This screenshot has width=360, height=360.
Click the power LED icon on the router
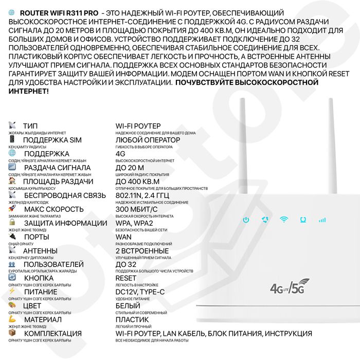(246, 220)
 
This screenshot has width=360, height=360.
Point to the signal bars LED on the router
(322, 220)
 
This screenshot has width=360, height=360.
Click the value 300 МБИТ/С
(138, 209)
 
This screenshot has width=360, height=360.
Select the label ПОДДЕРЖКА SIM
(52, 140)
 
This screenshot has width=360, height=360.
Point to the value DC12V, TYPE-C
(140, 292)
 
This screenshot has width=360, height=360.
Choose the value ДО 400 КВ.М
(137, 182)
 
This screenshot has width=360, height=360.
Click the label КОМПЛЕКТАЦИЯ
(52, 334)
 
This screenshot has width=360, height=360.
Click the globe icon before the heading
(12, 11)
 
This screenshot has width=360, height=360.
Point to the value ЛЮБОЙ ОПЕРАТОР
(148, 140)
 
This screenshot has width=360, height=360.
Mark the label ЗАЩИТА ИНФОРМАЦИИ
(65, 223)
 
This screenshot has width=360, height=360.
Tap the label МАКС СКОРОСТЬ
(53, 209)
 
